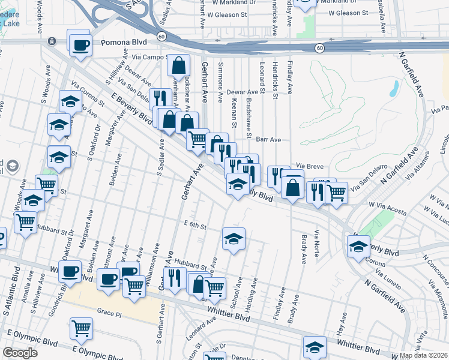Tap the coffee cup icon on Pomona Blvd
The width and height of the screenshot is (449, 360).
80,44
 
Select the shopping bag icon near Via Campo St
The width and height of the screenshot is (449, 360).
178,65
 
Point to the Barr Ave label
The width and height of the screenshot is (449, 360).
268,139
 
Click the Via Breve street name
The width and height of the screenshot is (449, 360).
310,166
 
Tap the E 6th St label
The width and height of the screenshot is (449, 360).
195,227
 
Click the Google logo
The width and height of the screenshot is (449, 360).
20,353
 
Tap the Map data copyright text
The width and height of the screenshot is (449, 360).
423,355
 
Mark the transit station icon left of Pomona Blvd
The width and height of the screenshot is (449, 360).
52,41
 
